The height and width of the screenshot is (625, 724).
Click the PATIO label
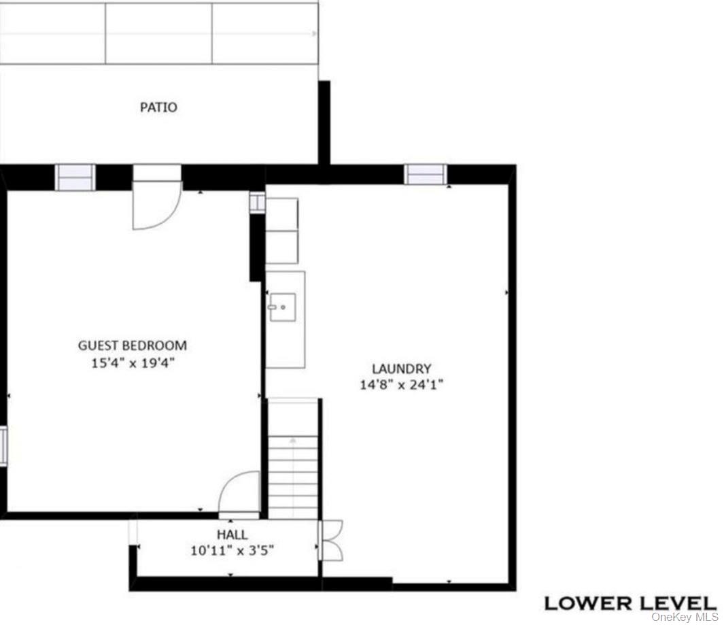click(158, 107)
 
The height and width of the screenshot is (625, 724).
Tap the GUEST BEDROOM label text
click(132, 345)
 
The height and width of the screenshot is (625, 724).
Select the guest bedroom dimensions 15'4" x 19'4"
click(133, 363)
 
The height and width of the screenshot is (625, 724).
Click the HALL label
click(232, 535)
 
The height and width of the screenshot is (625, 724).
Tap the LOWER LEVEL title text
click(630, 602)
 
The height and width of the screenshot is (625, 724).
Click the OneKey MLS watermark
click(685, 617)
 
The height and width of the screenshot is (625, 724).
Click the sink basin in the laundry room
click(282, 307)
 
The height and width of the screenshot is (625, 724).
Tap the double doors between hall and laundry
click(332, 540)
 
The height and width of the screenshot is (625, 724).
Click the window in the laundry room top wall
click(426, 175)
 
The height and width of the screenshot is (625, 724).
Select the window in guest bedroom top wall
click(75, 178)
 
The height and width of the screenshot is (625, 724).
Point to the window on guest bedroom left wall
click(3, 445)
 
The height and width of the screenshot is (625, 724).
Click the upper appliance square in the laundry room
click(281, 214)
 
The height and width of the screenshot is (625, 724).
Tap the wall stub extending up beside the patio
click(324, 122)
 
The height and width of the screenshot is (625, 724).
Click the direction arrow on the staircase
click(293, 441)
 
